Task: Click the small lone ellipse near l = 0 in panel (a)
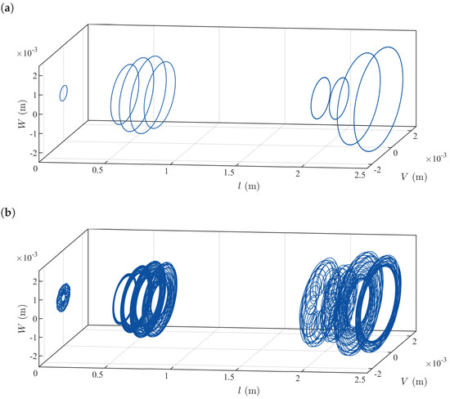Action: (63, 93)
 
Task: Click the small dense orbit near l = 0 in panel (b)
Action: (63, 297)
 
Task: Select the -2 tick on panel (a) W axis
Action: (26, 154)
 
